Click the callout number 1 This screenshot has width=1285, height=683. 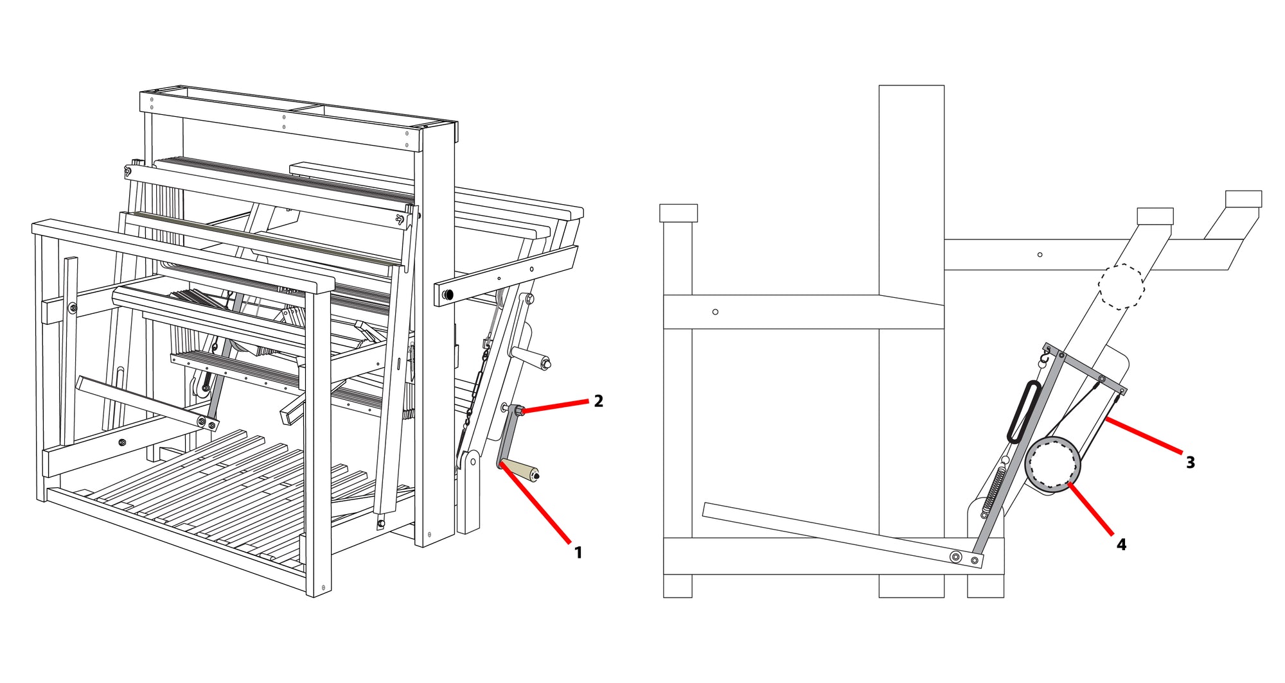578,553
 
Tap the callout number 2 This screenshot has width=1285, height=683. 599,401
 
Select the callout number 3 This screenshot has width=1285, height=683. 1191,462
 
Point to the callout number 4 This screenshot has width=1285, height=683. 1122,544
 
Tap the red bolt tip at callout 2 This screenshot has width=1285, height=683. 521,411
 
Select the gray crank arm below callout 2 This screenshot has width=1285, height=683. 508,437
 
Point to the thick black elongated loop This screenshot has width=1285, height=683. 1023,412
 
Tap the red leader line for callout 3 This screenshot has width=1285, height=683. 1144,436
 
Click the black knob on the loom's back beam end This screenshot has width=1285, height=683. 448,295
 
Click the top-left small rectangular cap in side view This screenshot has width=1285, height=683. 678,213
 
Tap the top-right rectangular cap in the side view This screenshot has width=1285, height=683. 1243,198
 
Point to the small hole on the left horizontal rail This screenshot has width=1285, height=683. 715,312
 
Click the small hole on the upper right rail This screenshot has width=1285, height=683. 1040,255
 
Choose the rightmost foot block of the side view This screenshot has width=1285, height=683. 986,586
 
